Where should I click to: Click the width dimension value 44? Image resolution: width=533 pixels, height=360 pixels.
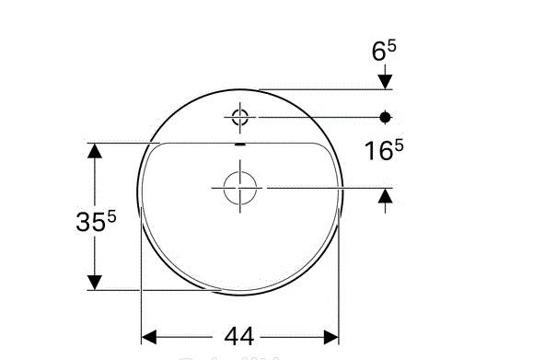point(238,336)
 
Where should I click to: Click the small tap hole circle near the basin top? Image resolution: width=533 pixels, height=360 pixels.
point(239,117)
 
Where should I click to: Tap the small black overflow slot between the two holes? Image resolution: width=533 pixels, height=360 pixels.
point(239,145)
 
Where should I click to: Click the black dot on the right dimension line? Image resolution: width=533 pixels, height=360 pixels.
point(386,117)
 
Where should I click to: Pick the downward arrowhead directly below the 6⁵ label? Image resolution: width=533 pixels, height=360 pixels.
point(386,82)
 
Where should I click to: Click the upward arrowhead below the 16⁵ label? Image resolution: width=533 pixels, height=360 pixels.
point(386,195)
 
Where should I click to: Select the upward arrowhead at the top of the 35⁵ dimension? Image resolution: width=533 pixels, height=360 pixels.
point(94,152)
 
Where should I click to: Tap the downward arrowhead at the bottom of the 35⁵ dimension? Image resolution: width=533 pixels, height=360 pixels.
point(94,281)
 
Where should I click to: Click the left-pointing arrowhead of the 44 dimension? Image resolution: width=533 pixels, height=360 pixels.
point(150,336)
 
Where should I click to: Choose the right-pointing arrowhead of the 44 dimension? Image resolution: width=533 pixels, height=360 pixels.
point(330,336)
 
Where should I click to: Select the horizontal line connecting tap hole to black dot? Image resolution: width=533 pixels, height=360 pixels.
point(313,117)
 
